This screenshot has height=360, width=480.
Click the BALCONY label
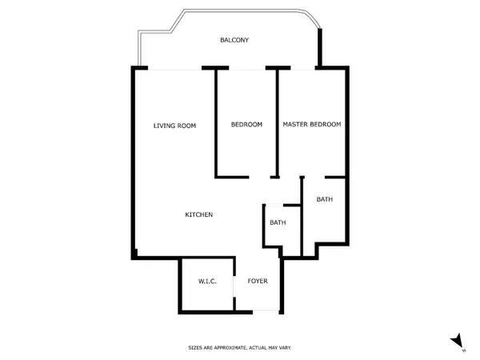click(234, 40)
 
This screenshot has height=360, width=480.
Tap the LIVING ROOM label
click(174, 126)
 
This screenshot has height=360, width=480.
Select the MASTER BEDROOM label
click(312, 124)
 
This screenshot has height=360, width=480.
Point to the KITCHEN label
click(198, 214)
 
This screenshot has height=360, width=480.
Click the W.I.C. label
click(207, 281)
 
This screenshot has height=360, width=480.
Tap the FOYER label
click(258, 281)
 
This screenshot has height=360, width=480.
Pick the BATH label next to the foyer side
click(278, 222)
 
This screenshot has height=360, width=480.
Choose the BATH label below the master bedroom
click(325, 199)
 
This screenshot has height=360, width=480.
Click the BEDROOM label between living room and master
click(246, 124)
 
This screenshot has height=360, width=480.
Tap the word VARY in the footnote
click(285, 348)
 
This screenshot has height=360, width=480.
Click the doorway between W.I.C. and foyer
click(234, 286)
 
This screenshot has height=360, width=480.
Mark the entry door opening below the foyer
click(266, 312)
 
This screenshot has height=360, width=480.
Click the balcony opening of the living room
click(174, 69)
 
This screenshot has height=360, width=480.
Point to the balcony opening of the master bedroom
click(302, 69)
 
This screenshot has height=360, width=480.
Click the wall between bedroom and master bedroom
click(278, 123)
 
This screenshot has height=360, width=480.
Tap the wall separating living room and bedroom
click(216, 123)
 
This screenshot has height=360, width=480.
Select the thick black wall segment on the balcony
click(320, 47)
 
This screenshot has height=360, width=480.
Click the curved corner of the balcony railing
click(312, 17)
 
